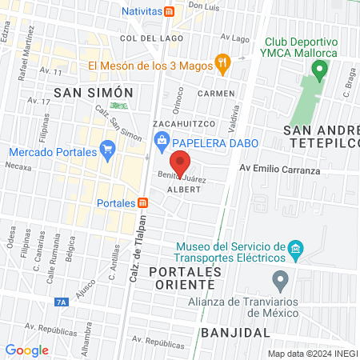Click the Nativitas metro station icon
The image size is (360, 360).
click(x=169, y=12)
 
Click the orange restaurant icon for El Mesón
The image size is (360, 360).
click(x=224, y=61)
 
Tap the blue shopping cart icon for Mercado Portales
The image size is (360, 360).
click(x=107, y=148)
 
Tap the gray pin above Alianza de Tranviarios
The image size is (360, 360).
click(x=280, y=281)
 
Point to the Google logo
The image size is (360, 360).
click(x=26, y=350)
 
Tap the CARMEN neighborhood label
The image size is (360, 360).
click(x=222, y=94)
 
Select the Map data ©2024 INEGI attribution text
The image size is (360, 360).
click(x=312, y=354)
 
